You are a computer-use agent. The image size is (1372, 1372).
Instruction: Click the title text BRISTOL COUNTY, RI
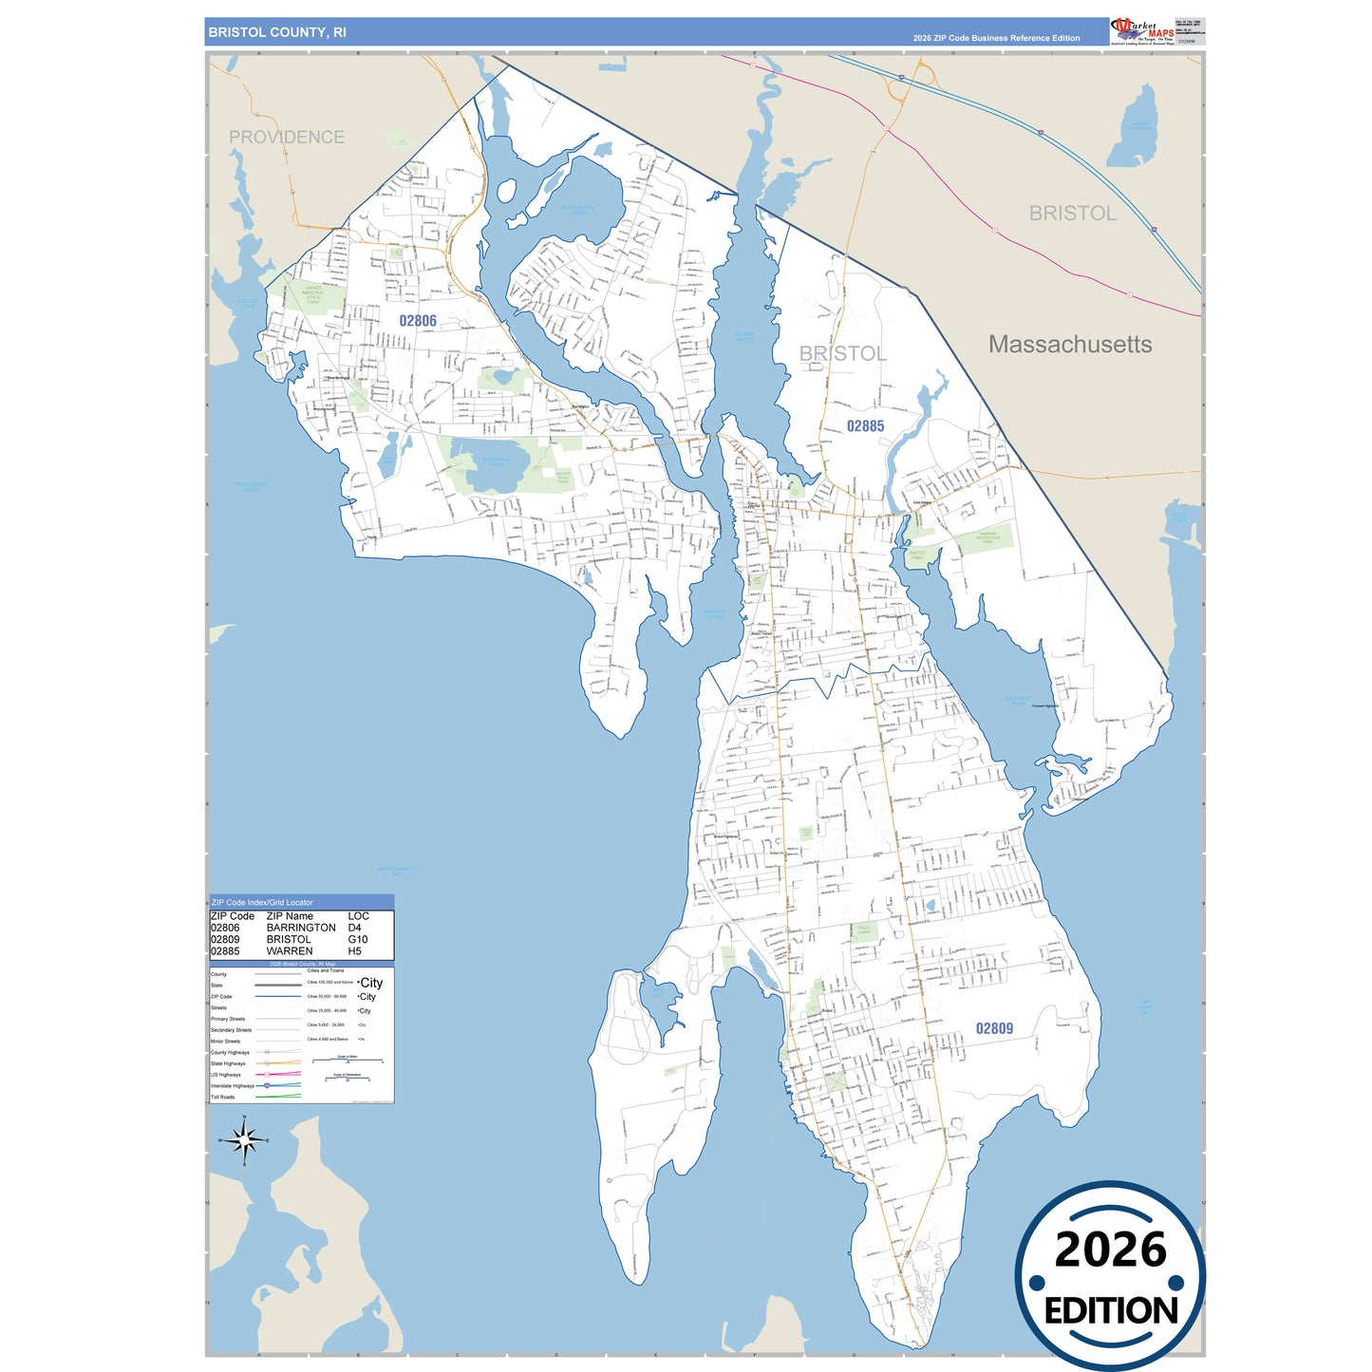[x=277, y=32]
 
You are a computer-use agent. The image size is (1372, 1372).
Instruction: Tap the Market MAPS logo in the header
[x=1142, y=30]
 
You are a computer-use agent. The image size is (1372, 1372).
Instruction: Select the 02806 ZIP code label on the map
[x=418, y=321]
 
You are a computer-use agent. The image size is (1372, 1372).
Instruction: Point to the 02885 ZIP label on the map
[x=865, y=426]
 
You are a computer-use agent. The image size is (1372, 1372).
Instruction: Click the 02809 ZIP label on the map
[x=994, y=1028]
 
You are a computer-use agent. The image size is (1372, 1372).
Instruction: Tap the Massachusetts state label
[x=1070, y=345]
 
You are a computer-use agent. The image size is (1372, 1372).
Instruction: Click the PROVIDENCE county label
[x=287, y=138]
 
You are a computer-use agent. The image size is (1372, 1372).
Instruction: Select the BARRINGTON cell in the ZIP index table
[x=301, y=928]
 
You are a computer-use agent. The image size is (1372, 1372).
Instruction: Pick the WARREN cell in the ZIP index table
[x=290, y=950]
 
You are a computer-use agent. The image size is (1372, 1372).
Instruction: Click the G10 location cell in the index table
[x=358, y=939]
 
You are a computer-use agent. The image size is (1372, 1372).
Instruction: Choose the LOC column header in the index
[x=358, y=916]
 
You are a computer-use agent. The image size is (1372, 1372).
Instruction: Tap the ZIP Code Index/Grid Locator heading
[x=262, y=902]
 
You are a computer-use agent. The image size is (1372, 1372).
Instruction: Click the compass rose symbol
[x=244, y=1139]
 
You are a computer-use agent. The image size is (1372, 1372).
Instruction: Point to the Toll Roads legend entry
[x=223, y=1097]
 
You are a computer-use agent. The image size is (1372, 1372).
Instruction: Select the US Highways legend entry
[x=226, y=1075]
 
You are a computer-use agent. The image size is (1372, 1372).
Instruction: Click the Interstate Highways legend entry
[x=233, y=1085]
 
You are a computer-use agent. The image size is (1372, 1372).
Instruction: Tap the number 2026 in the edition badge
[x=1110, y=1250]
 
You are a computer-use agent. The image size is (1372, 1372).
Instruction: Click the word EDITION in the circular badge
[x=1111, y=1311]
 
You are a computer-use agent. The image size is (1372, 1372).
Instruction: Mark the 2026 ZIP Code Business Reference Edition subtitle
[x=996, y=38]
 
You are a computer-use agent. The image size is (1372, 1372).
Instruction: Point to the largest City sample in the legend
[x=371, y=983]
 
